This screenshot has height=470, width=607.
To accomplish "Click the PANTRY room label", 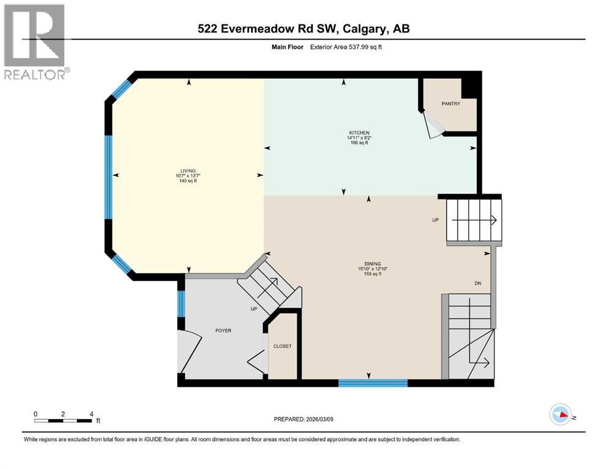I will [451, 103].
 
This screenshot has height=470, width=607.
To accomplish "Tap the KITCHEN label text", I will [359, 133].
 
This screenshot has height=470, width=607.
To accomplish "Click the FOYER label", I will [223, 330].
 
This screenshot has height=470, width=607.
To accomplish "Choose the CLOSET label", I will [282, 346].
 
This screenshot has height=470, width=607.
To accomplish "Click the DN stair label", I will [478, 283].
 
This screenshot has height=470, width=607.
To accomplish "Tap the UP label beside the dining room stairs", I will [436, 220].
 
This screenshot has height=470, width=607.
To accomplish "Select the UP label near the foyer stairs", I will [254, 309].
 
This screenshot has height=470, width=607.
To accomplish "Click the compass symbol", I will [561, 415].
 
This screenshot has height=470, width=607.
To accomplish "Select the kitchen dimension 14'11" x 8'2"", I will [359, 138].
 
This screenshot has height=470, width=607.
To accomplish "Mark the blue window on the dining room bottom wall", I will [373, 383].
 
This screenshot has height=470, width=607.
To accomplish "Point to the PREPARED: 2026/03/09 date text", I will [303, 419].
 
